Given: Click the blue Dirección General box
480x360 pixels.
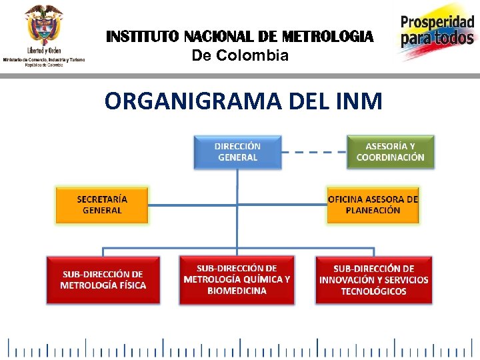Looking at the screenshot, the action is click(237, 152).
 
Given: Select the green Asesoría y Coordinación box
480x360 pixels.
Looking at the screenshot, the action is click(390, 152).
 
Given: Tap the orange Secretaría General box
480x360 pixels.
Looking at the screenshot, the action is click(102, 205).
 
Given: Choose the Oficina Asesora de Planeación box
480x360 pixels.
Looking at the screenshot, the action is click(373, 205).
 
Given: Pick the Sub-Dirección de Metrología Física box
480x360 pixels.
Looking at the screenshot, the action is click(103, 280).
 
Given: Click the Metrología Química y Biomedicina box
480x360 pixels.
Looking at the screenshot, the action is click(237, 280).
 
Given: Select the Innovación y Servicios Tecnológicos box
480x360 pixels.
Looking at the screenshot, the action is click(373, 280).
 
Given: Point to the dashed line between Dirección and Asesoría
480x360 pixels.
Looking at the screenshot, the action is click(314, 152).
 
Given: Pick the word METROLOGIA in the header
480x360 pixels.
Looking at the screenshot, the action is click(328, 36).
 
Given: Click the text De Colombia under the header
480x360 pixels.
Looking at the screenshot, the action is click(240, 55).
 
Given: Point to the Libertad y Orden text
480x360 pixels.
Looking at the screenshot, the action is click(44, 51).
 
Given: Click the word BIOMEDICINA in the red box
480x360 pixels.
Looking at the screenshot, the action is click(237, 291).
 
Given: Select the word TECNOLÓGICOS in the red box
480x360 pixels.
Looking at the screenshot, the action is click(373, 291).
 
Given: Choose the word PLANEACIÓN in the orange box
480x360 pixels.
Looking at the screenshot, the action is click(373, 210).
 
